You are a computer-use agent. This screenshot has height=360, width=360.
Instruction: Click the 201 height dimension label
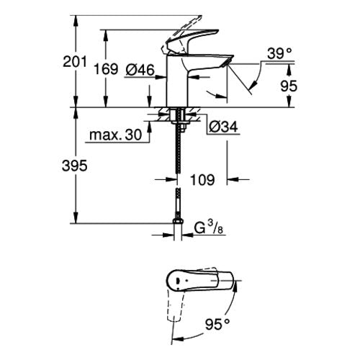(x=74, y=62)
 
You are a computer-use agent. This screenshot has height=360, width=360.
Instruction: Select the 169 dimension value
(x=106, y=69)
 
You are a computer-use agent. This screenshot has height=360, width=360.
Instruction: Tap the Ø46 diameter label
(x=140, y=70)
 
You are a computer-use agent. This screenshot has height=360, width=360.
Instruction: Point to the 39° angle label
(x=279, y=53)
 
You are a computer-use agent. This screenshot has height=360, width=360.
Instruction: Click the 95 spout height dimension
(x=289, y=86)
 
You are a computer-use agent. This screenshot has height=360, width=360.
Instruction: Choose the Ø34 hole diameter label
(x=223, y=127)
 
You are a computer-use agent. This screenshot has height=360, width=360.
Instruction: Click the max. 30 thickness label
(x=115, y=135)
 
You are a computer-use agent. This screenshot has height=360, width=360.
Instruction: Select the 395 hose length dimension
(x=74, y=166)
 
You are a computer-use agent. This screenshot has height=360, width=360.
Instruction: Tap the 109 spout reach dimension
(x=202, y=180)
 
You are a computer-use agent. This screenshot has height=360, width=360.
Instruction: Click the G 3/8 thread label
(x=208, y=228)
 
